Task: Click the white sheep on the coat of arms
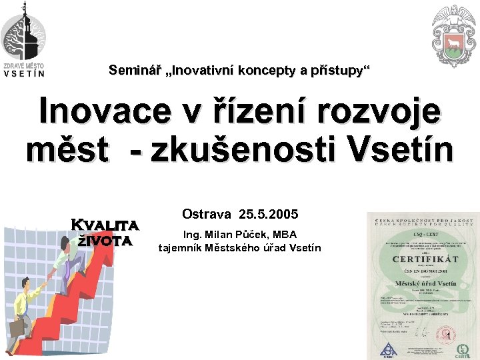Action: click(x=453, y=49)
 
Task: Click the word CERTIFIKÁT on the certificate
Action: click(x=425, y=259)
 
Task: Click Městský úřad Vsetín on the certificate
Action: click(x=424, y=284)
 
